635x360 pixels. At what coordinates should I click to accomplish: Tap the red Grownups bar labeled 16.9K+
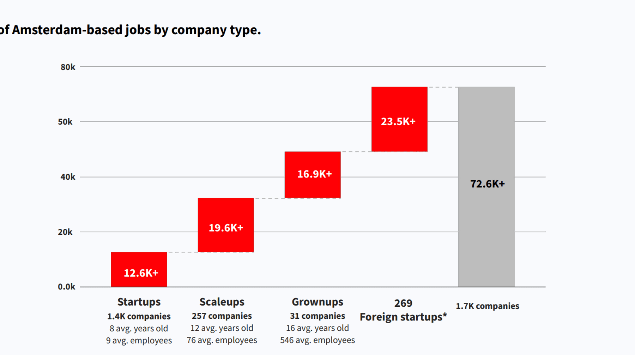(x=313, y=175)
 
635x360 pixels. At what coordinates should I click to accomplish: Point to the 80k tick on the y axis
(x=68, y=67)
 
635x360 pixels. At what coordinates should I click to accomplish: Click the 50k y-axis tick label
(x=65, y=122)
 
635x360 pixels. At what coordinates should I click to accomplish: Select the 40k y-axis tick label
(x=68, y=177)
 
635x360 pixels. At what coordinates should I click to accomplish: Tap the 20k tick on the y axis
(x=65, y=232)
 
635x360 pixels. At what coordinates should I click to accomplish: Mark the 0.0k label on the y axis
(x=66, y=287)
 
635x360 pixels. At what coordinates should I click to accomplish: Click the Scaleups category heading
(x=222, y=302)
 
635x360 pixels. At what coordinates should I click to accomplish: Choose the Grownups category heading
(x=317, y=302)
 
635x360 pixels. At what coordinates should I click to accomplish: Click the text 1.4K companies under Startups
(x=139, y=316)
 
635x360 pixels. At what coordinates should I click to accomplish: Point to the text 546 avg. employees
(x=317, y=340)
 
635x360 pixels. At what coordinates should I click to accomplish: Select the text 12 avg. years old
(x=222, y=328)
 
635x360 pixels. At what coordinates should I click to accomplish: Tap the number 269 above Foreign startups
(x=403, y=303)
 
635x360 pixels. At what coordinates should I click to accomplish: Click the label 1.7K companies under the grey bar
(x=487, y=306)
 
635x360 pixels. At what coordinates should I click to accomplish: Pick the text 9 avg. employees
(x=139, y=340)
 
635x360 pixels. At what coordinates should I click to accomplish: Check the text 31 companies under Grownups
(x=317, y=316)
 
